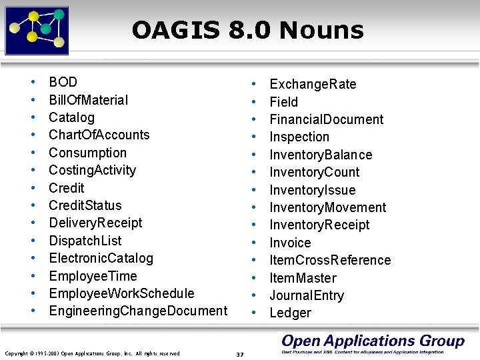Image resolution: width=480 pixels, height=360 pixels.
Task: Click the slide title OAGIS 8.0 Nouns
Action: click(x=247, y=30)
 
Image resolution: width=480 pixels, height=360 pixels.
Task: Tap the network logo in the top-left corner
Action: click(x=37, y=30)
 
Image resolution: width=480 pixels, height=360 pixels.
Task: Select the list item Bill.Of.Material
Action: click(x=89, y=100)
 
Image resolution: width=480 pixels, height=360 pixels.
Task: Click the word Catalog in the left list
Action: click(x=72, y=117)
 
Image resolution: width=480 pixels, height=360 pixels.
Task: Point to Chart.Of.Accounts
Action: click(x=99, y=135)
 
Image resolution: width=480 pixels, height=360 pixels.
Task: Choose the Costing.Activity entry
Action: click(x=93, y=170)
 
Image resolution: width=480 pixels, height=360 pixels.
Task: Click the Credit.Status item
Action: click(x=85, y=205)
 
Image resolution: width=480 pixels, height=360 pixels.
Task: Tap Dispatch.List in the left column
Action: click(x=85, y=241)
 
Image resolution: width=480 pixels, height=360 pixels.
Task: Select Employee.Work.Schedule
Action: click(x=122, y=293)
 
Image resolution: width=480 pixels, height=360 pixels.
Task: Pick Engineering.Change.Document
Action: click(x=138, y=311)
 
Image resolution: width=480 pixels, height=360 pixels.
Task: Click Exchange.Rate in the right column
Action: click(x=313, y=84)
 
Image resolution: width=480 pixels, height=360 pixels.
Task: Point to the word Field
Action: click(x=283, y=102)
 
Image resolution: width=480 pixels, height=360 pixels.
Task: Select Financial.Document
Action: click(x=326, y=119)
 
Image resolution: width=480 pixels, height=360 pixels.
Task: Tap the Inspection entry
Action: click(x=299, y=137)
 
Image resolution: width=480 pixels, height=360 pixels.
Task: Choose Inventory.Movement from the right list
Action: click(x=327, y=207)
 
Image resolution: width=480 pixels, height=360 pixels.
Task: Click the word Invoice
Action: click(x=290, y=243)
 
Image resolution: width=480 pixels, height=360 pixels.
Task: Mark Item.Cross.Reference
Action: click(x=330, y=260)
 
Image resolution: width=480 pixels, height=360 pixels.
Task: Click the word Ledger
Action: click(x=290, y=313)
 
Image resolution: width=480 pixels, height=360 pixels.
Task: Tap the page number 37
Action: click(x=240, y=353)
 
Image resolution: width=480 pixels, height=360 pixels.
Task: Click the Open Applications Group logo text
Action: click(x=373, y=341)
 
